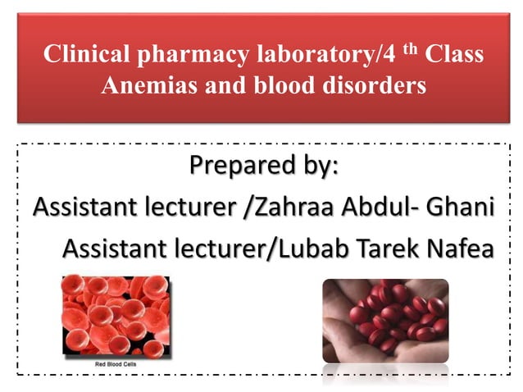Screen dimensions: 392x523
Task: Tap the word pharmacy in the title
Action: click(179, 56)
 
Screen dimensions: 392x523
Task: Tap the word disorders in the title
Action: click(374, 85)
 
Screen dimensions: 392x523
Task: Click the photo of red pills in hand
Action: click(385, 320)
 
